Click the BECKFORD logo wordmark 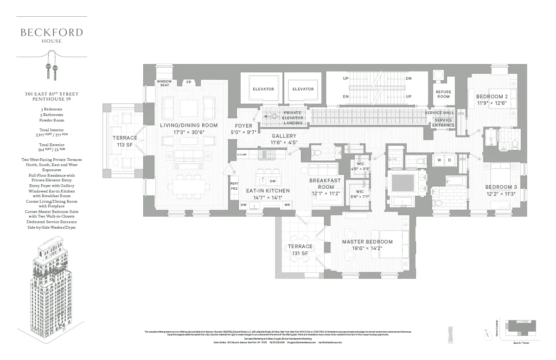tap(51, 32)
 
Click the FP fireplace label tap(189, 82)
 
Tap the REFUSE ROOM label tap(443, 94)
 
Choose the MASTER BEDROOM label tap(367, 242)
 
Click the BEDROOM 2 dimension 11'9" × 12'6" tap(491, 103)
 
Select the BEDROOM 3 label tap(500, 187)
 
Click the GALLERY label tap(284, 136)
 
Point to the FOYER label tap(244, 126)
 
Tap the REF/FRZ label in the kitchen tap(234, 186)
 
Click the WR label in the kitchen tap(288, 205)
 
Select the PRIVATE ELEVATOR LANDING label tap(293, 118)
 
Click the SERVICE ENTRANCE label tap(443, 123)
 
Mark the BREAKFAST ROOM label tap(325, 184)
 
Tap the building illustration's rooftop tap(51, 244)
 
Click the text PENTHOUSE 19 tap(51, 100)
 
